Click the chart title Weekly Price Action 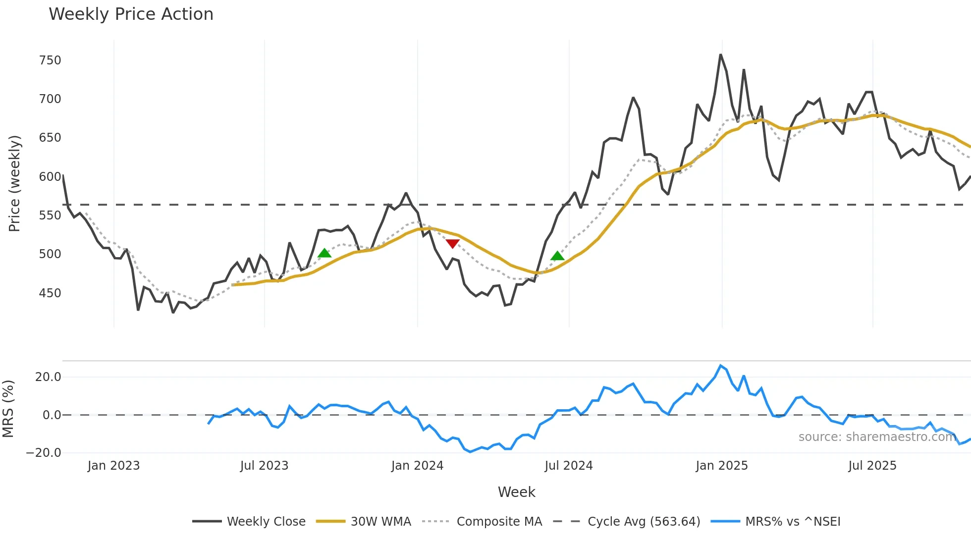point(131,14)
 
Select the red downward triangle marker point(452,243)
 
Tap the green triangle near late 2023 point(324,253)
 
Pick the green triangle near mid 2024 point(557,256)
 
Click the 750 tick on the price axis point(50,60)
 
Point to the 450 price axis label point(50,293)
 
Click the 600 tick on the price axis point(50,177)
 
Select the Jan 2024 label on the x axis point(417,466)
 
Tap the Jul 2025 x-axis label point(872,466)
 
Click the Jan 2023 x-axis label point(113,466)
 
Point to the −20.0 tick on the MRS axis point(44,453)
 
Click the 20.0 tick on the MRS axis point(48,377)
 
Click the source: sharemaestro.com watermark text point(877,437)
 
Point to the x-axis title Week point(516,492)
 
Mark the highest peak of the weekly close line point(721,55)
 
